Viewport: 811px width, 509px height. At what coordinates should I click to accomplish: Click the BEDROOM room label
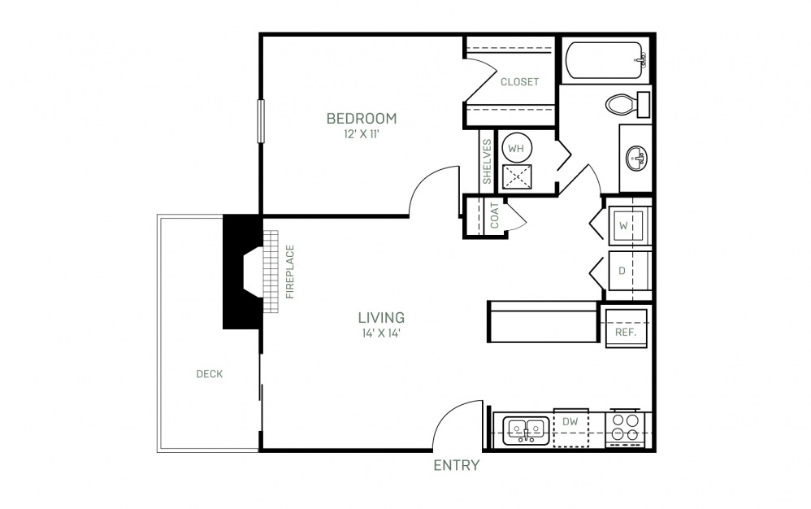pos(362,119)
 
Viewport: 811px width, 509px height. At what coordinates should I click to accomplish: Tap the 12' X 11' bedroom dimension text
pos(362,134)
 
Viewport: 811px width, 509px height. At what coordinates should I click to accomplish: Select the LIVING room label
pos(382,317)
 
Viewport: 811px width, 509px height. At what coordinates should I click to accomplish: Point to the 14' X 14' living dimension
pos(382,333)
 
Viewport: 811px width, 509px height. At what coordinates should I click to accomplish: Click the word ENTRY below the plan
pos(456,466)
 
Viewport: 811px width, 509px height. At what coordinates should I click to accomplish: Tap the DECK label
pos(210,373)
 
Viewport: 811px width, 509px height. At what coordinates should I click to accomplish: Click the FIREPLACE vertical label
pos(290,272)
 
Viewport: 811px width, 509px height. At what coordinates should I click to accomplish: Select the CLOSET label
pos(520,82)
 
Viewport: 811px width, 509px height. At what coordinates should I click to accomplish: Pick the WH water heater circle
pos(516,149)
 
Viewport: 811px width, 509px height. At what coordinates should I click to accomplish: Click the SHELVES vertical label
pos(487,161)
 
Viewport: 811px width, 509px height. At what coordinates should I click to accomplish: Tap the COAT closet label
pos(494,215)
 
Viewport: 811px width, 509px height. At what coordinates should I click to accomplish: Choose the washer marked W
pos(626,225)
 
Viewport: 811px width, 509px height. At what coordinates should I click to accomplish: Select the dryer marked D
pos(626,271)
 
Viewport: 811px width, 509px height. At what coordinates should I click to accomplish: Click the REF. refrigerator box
pos(627,328)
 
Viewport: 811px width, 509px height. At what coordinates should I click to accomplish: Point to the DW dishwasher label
pos(570,421)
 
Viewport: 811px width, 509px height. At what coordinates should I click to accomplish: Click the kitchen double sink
pos(526,430)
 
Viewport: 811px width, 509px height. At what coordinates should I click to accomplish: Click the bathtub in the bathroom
pos(607,60)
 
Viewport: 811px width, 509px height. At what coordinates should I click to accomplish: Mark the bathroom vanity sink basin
pos(635,158)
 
